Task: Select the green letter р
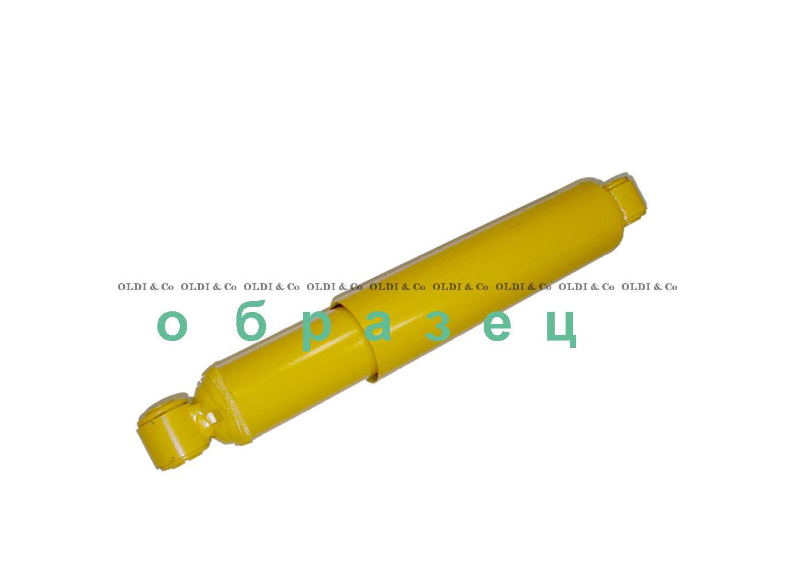[x=318, y=331]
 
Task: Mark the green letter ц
[x=562, y=330]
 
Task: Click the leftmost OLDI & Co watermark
[x=145, y=287]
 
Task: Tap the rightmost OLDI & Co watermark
[x=649, y=287]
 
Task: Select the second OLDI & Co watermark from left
[x=208, y=287]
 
